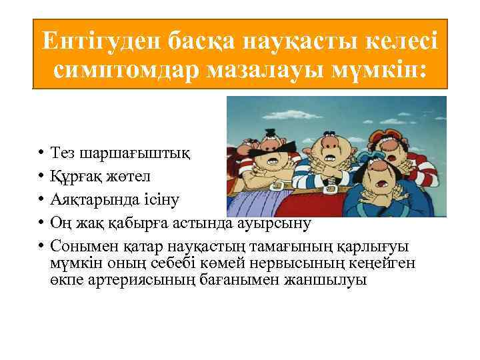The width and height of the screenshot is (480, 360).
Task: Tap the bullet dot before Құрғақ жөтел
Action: (x=41, y=177)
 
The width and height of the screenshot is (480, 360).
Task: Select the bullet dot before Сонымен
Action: (x=41, y=246)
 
